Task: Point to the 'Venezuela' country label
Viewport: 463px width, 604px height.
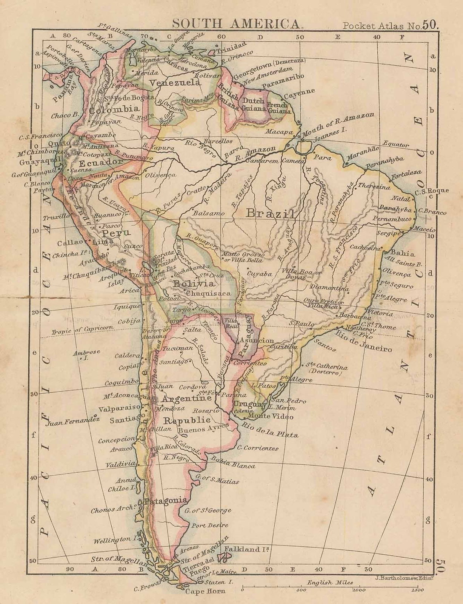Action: [x=175, y=82]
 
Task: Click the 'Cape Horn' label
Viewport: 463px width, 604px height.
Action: [x=205, y=592]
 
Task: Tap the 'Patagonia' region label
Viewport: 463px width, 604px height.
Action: [x=166, y=500]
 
